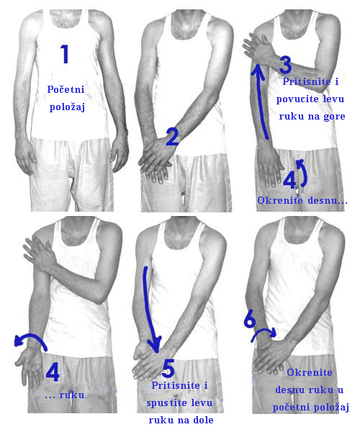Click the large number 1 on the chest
coord(65,54)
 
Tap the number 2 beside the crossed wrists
coord(172,138)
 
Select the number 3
coord(285,65)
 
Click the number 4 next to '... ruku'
coord(53,372)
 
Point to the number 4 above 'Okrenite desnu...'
coord(289,179)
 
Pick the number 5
coord(168,369)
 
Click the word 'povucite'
coord(293,99)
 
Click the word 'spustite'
coord(163,403)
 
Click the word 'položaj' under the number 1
coord(67,107)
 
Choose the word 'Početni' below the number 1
coord(66,89)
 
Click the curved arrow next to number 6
coord(264,330)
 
